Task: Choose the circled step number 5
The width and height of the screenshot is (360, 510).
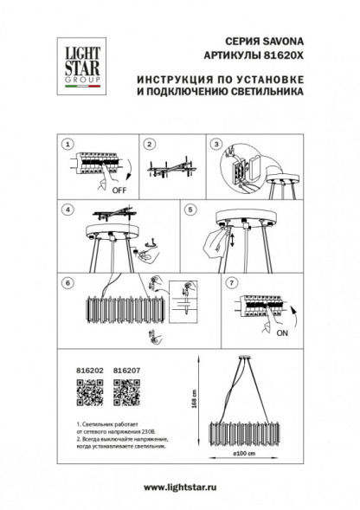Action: [192, 209]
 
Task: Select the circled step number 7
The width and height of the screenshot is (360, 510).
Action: [229, 282]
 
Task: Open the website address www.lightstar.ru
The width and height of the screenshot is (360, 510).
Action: [180, 488]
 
